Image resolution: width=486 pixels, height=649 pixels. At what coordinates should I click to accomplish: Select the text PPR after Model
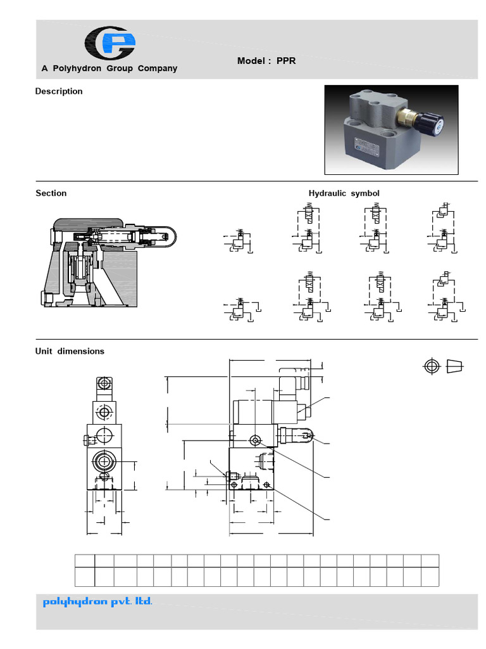(286, 61)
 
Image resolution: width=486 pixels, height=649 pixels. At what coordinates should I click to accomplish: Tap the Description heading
(59, 91)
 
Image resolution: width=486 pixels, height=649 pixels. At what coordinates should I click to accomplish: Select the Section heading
(51, 193)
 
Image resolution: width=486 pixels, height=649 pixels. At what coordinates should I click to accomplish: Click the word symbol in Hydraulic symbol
(364, 193)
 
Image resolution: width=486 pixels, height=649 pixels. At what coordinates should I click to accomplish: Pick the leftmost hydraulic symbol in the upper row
(239, 242)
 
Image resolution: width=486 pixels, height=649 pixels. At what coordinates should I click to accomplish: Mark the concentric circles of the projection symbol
(432, 366)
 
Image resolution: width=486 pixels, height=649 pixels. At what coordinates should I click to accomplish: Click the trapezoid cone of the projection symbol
(455, 366)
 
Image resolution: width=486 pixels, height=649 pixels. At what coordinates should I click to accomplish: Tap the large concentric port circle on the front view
(103, 461)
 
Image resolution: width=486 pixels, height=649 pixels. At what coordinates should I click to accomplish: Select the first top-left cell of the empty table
(85, 560)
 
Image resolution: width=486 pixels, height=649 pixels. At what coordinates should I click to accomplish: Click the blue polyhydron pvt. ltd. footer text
(97, 601)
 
